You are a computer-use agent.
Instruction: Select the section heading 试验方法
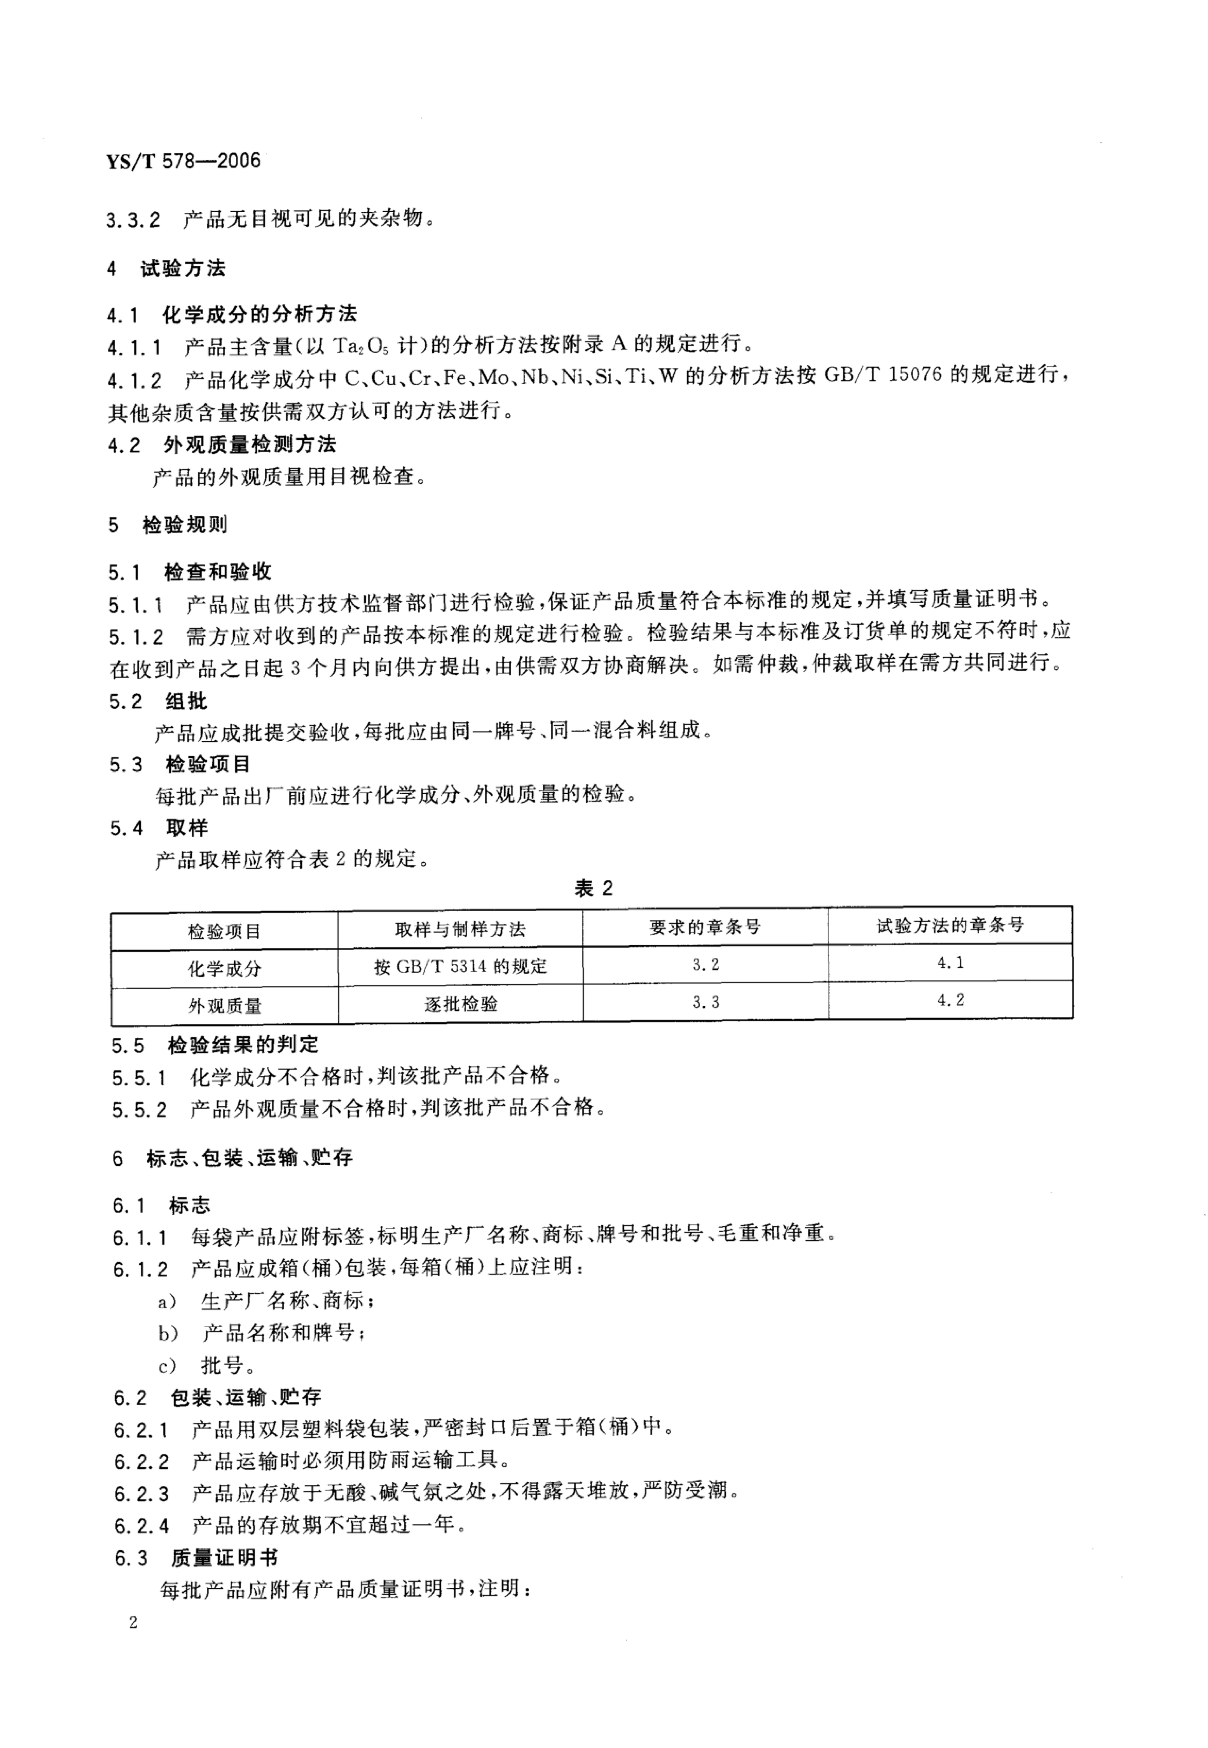coord(183,269)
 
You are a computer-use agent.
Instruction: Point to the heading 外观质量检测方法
coord(250,444)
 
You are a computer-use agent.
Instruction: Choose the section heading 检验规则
coord(185,525)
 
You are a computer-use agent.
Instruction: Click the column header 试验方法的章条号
coord(950,926)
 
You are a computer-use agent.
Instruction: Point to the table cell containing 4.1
coord(950,963)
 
